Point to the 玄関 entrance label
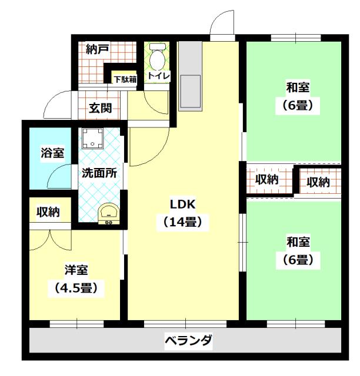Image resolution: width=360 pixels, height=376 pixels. coord(101,108)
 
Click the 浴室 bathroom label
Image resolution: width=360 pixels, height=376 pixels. coord(52,153)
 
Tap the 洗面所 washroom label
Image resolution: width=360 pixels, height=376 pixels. coord(98,173)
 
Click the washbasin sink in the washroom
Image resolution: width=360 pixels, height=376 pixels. coord(108,212)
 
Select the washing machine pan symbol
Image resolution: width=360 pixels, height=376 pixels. coord(93,140)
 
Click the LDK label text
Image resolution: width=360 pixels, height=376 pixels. coord(182,204)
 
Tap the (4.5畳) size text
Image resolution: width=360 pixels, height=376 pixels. coord(76,288)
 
